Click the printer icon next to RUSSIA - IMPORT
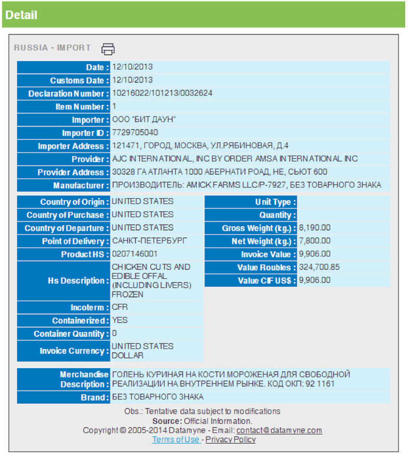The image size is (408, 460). (108, 49)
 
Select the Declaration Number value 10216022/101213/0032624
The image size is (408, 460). (162, 93)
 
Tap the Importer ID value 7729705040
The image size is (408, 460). (135, 132)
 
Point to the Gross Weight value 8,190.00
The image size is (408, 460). (315, 228)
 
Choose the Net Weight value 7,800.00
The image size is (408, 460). (315, 241)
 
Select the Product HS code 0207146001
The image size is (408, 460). (135, 254)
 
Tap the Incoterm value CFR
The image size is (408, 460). (120, 307)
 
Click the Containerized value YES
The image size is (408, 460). (120, 320)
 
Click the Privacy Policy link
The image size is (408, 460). (231, 440)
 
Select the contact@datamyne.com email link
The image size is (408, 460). (279, 430)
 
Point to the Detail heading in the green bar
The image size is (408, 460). (21, 15)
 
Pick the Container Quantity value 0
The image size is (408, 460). (114, 333)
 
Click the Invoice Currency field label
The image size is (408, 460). (74, 351)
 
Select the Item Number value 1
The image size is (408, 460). (114, 106)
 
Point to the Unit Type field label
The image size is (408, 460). (275, 202)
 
